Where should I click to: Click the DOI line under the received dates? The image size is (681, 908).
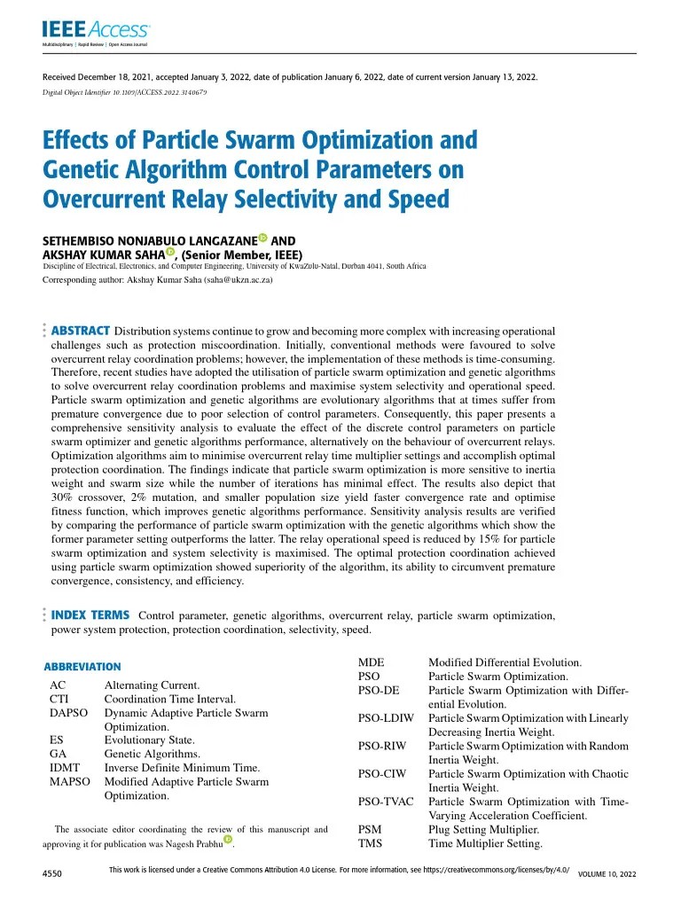click(x=125, y=93)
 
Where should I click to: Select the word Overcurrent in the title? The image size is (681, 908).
click(x=105, y=199)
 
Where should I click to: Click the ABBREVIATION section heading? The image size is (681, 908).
click(x=82, y=666)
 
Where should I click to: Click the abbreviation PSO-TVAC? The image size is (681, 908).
click(x=387, y=802)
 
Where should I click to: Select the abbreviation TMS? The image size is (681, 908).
click(x=370, y=843)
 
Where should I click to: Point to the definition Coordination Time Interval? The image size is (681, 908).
click(x=169, y=699)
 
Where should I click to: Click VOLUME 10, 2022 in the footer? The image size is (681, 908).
click(x=607, y=874)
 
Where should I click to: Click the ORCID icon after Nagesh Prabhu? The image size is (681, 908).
click(x=227, y=841)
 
